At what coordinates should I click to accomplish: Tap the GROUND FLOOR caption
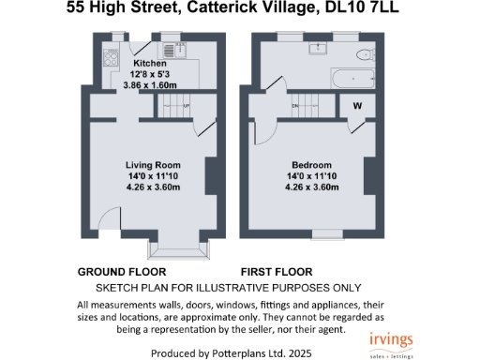(x=114, y=272)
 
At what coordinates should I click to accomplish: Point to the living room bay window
(x=175, y=249)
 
